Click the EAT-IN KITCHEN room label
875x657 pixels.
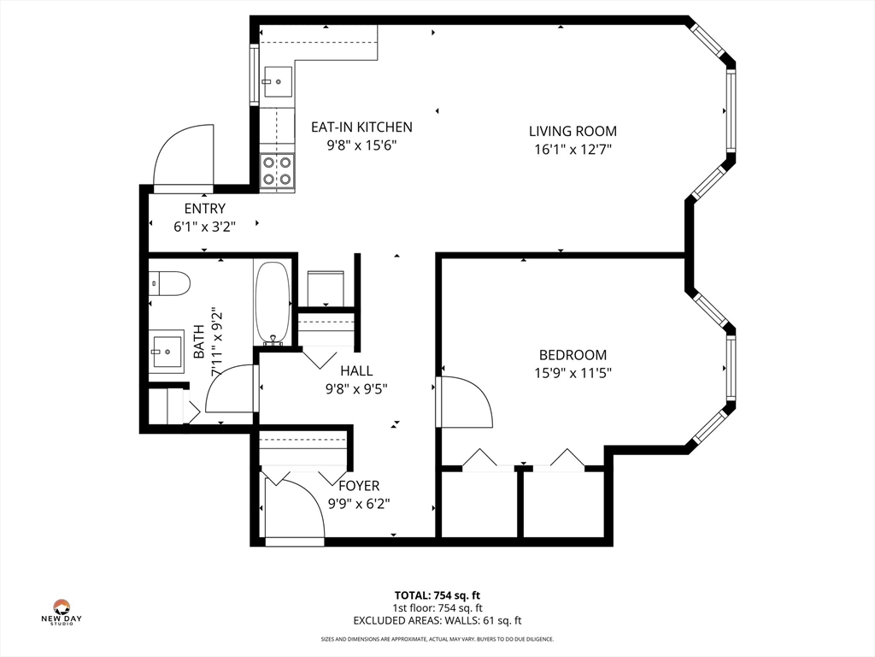[x=361, y=127]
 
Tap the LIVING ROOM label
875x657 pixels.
[x=573, y=131]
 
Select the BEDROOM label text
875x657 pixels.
[x=573, y=355]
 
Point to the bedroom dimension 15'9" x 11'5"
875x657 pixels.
[x=573, y=373]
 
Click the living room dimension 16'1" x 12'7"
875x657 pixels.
[x=573, y=149]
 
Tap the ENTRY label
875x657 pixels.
[x=205, y=209]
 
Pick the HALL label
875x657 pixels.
[x=356, y=370]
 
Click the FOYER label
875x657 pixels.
[x=359, y=486]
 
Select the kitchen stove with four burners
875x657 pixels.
[x=278, y=171]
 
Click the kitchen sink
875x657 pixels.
[x=278, y=82]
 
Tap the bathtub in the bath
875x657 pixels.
[x=273, y=303]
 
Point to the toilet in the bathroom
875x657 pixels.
[x=169, y=283]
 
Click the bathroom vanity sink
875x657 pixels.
[x=166, y=352]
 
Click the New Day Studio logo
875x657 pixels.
[x=62, y=612]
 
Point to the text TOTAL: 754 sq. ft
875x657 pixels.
[x=437, y=595]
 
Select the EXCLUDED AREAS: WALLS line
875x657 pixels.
[x=437, y=620]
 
